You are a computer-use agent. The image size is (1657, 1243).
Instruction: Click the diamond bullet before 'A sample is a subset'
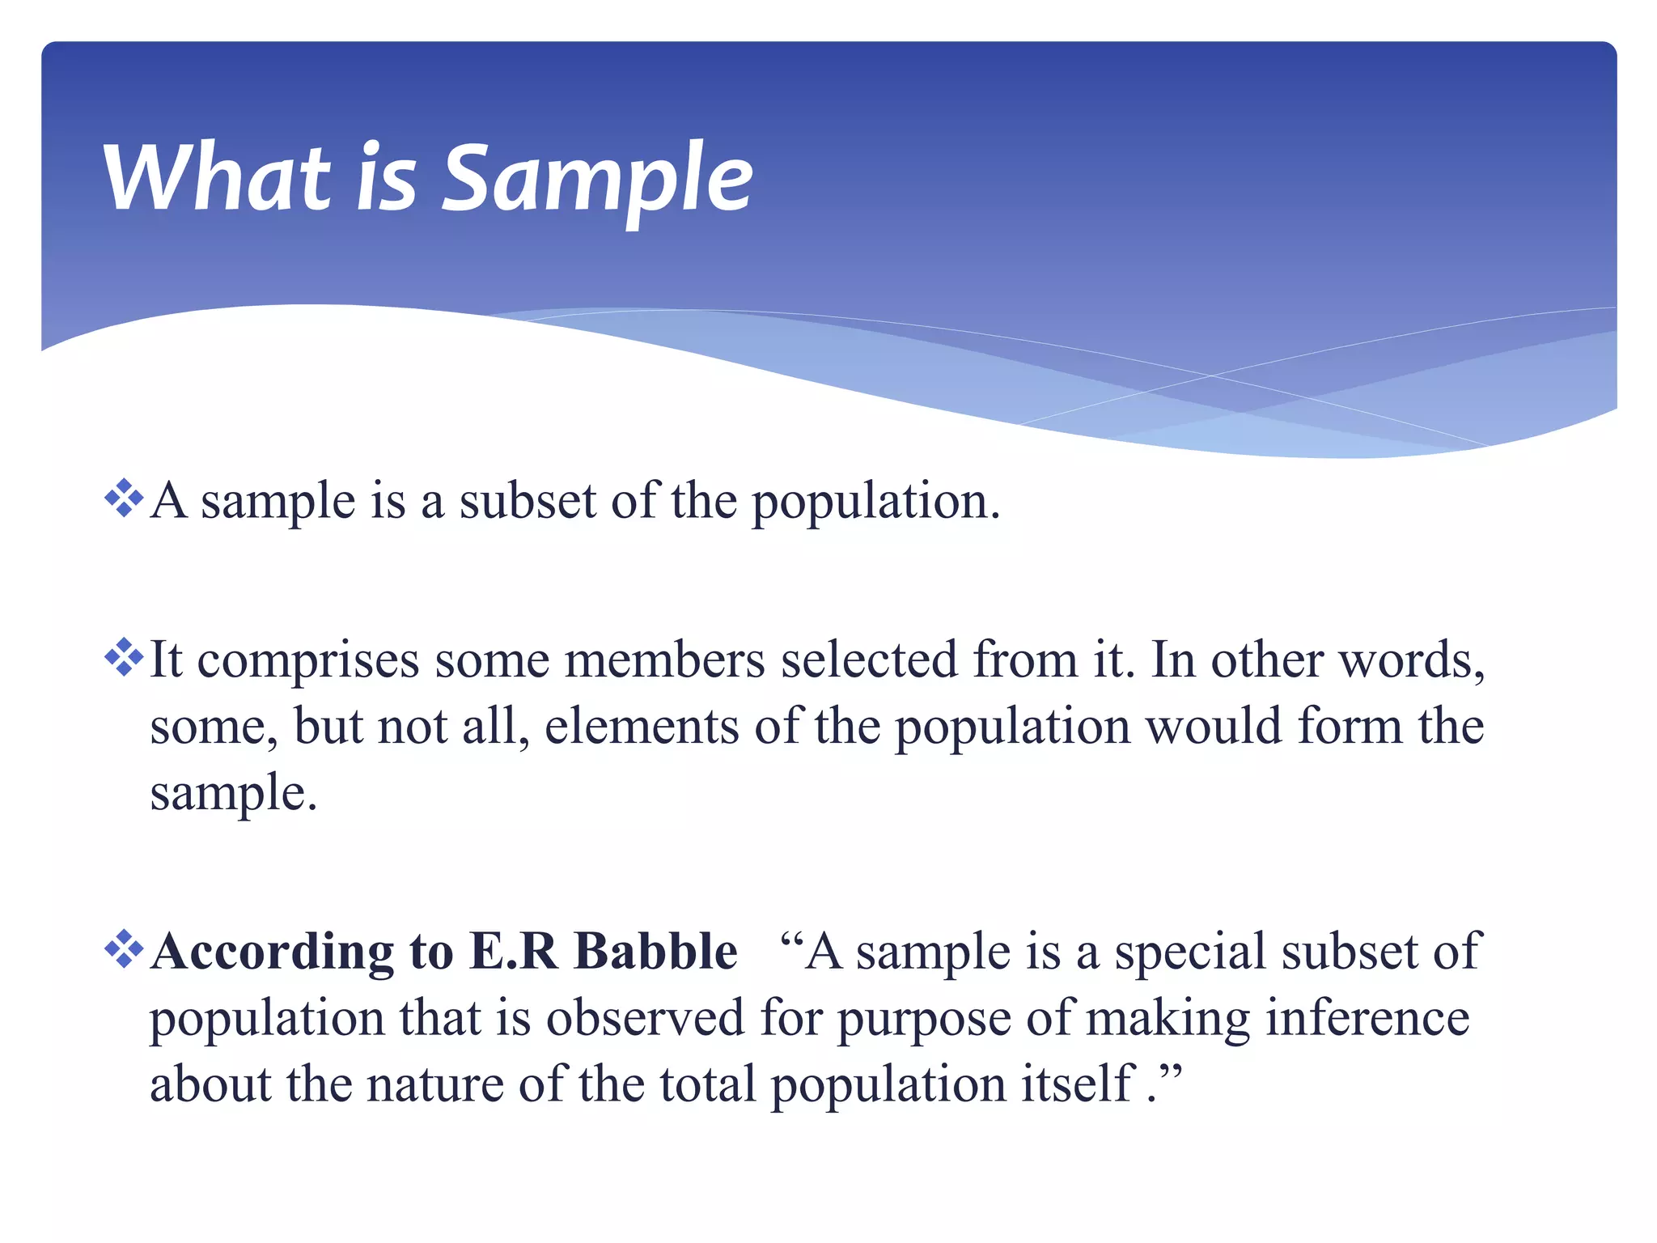pos(124,498)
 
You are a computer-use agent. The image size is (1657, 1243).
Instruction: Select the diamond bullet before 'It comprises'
pos(124,657)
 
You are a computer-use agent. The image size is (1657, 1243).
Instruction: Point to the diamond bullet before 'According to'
pos(124,948)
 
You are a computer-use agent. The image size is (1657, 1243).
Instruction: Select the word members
pos(664,659)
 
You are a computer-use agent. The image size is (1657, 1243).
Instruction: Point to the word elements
pos(642,725)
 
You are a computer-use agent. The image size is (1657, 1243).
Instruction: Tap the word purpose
pos(923,1020)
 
